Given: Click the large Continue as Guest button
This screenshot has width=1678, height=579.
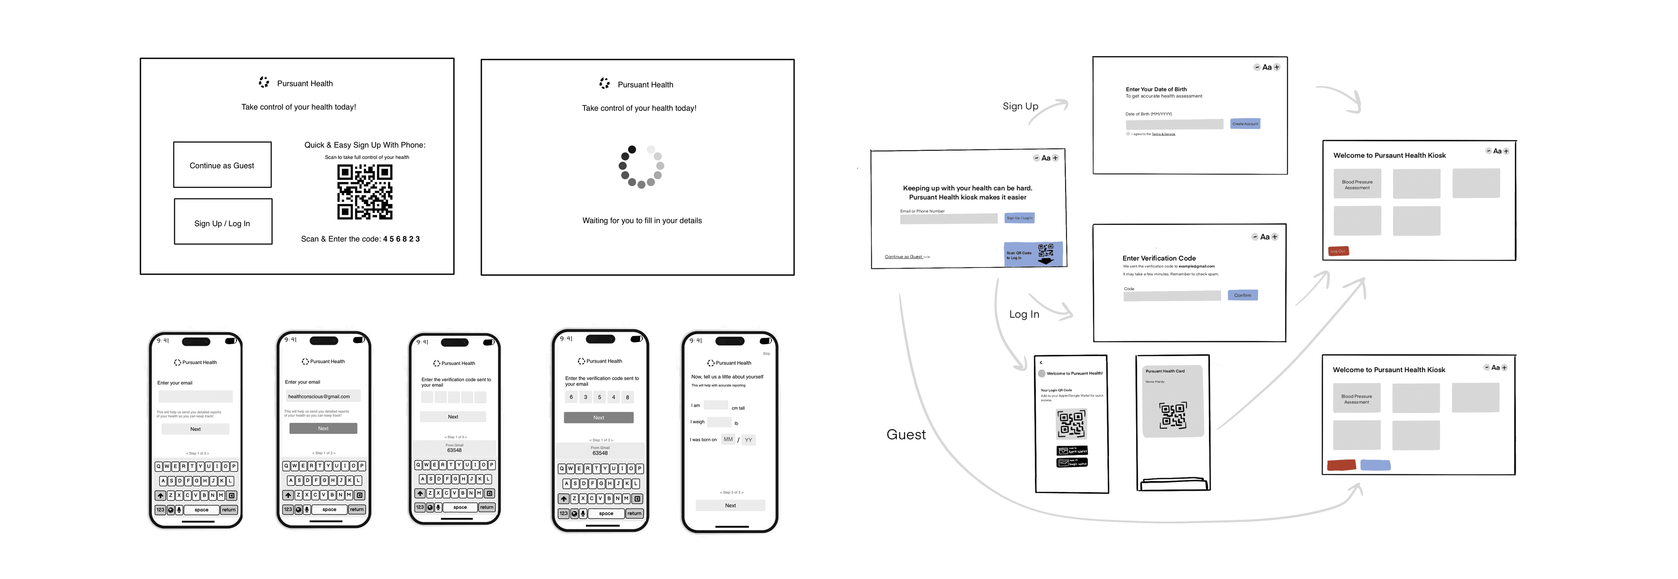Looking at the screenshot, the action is (x=222, y=165).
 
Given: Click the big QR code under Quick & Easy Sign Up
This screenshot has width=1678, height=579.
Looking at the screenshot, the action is (x=365, y=192).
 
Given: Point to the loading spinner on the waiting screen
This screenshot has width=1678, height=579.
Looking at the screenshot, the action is (x=641, y=167).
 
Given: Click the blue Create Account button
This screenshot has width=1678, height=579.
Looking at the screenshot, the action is (x=1245, y=124).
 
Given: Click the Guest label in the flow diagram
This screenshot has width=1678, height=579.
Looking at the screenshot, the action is (x=906, y=434).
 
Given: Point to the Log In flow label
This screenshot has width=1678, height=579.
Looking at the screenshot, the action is (x=1024, y=314).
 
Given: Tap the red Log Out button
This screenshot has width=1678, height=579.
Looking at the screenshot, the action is (x=1338, y=251).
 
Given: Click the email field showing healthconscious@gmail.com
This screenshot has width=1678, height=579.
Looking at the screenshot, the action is (x=323, y=396).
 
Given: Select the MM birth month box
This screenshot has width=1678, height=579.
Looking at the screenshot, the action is (x=728, y=440).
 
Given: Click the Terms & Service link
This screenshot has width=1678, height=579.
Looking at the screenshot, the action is (x=1163, y=134).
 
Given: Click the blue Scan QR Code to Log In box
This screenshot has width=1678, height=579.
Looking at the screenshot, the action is (x=1033, y=254).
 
